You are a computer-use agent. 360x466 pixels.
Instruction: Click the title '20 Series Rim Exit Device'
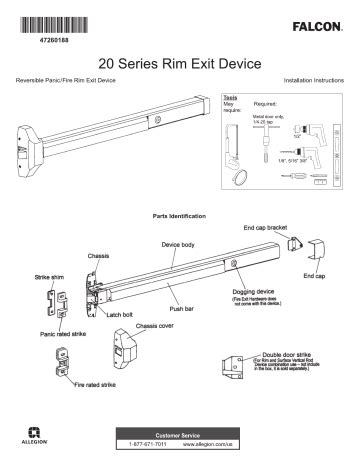tap(180, 61)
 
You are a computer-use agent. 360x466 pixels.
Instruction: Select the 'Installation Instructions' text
tap(313, 79)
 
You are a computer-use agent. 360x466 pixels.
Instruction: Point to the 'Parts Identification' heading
tap(180, 215)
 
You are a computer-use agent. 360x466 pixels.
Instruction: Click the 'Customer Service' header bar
tap(180, 438)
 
